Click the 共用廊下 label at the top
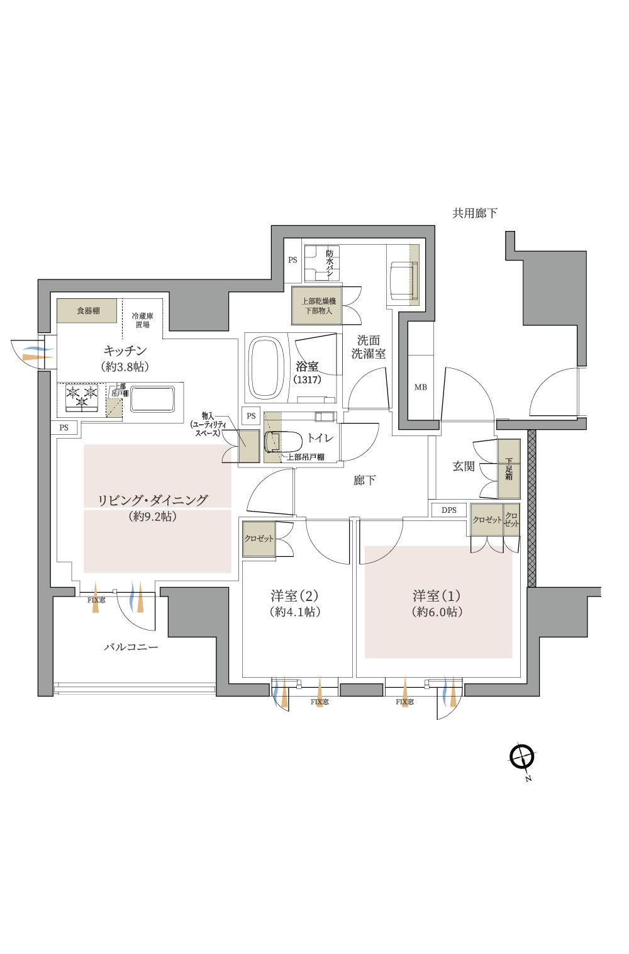474,213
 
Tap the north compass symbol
522,756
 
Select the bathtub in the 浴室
267,368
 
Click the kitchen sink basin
152,399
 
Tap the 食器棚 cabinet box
87,311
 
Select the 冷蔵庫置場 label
142,320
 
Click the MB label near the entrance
421,387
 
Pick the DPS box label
449,510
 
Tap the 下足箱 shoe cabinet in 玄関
509,469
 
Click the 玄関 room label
464,466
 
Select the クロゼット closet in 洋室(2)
259,539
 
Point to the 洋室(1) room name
437,595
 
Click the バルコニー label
131,647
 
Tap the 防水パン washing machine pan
322,263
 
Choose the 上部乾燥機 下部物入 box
318,306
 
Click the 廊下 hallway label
364,481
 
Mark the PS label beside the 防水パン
292,260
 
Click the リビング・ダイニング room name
152,500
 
